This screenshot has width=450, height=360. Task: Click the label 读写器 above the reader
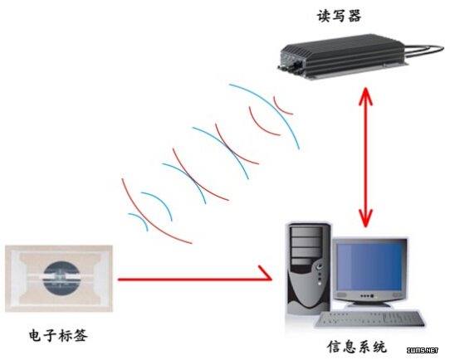point(339,16)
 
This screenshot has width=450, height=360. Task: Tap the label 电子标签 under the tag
point(58,335)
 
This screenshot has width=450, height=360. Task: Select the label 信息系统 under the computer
point(357,346)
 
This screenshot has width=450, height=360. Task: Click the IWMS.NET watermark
point(423,350)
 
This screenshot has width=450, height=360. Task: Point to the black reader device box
point(342,56)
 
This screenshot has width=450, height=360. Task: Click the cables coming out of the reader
point(425,51)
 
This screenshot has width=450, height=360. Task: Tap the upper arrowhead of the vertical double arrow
point(365,95)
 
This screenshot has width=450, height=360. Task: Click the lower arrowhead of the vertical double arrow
point(365,218)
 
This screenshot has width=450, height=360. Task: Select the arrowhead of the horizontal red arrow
point(265,273)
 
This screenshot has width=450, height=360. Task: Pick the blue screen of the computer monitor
point(369,266)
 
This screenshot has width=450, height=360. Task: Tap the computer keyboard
point(369,319)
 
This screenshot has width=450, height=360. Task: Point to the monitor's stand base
point(369,304)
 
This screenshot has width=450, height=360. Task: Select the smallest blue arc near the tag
point(139,221)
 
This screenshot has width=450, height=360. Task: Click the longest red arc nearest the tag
point(146,218)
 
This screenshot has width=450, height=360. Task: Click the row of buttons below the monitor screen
point(367,296)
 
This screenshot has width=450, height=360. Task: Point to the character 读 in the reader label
point(324,16)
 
